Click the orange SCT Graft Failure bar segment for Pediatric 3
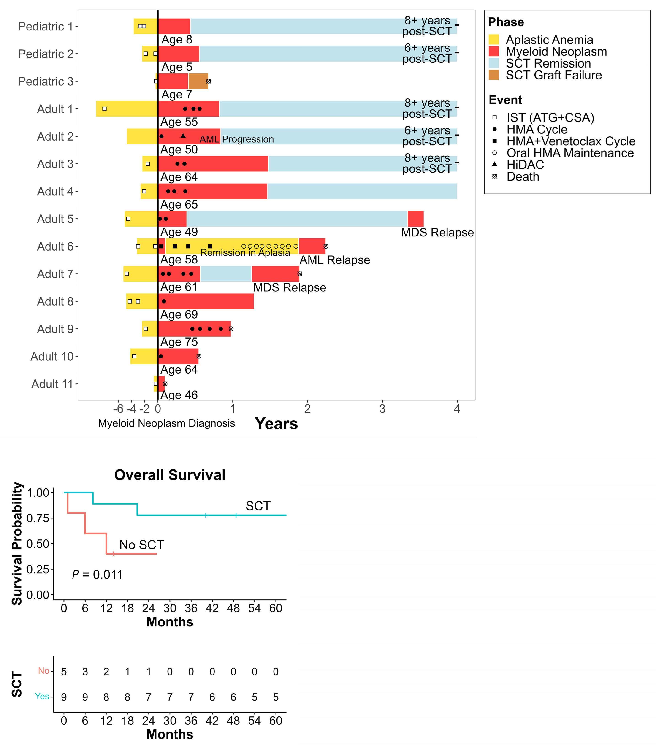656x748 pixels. point(198,81)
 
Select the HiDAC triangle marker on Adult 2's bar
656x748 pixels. point(183,136)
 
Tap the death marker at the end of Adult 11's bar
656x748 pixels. point(165,384)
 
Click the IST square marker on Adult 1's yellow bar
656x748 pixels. point(105,109)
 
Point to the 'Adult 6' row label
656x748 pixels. point(55,246)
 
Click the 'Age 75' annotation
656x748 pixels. point(179,342)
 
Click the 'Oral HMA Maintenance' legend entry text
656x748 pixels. point(570,153)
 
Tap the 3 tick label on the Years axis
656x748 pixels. point(382,408)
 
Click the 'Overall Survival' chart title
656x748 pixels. point(170,475)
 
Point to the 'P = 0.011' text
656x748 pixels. point(97,574)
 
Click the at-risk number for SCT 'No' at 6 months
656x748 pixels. point(85,672)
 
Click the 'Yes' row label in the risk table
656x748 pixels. point(42,696)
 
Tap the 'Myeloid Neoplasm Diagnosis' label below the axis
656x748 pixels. point(166,423)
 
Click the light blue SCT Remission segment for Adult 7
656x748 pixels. point(226,274)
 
